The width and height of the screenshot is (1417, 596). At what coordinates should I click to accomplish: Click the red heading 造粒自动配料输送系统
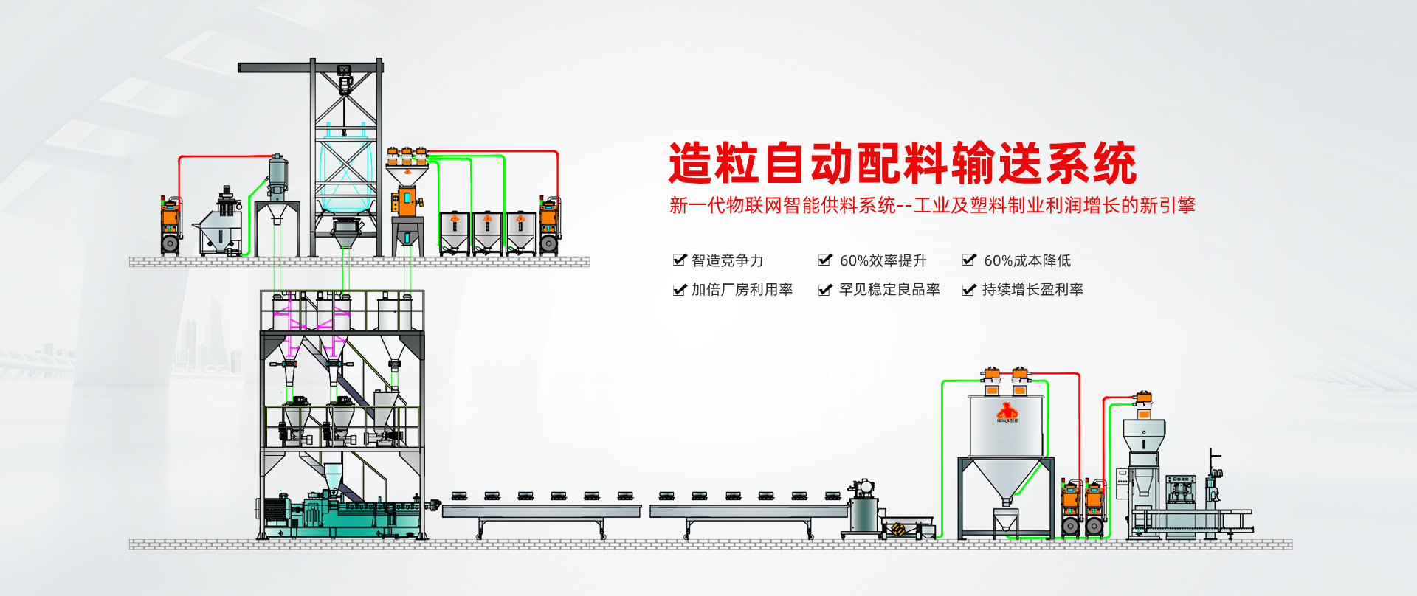[902, 163]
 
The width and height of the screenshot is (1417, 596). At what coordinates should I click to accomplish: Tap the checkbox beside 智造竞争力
[679, 260]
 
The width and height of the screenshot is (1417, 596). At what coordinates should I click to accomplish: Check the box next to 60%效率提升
[825, 260]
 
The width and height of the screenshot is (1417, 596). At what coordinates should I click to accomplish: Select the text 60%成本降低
[1027, 260]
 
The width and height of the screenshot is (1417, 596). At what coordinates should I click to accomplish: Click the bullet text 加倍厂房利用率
[742, 290]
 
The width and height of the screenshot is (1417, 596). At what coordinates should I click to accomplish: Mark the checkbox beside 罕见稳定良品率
[825, 290]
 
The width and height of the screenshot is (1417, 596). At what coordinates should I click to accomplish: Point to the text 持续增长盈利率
[1032, 290]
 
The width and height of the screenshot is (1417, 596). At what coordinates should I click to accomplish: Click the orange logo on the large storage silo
[1007, 412]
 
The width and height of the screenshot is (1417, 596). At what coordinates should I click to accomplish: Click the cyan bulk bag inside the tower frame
[345, 173]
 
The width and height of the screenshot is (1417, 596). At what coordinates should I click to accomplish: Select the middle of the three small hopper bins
[487, 231]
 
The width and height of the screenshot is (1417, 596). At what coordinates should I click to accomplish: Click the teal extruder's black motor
[275, 509]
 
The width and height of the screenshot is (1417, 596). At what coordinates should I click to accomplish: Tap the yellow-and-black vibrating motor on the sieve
[898, 529]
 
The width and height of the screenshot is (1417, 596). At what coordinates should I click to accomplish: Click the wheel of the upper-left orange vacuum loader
[170, 243]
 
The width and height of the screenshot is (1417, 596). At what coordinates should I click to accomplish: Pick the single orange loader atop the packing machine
[1143, 399]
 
